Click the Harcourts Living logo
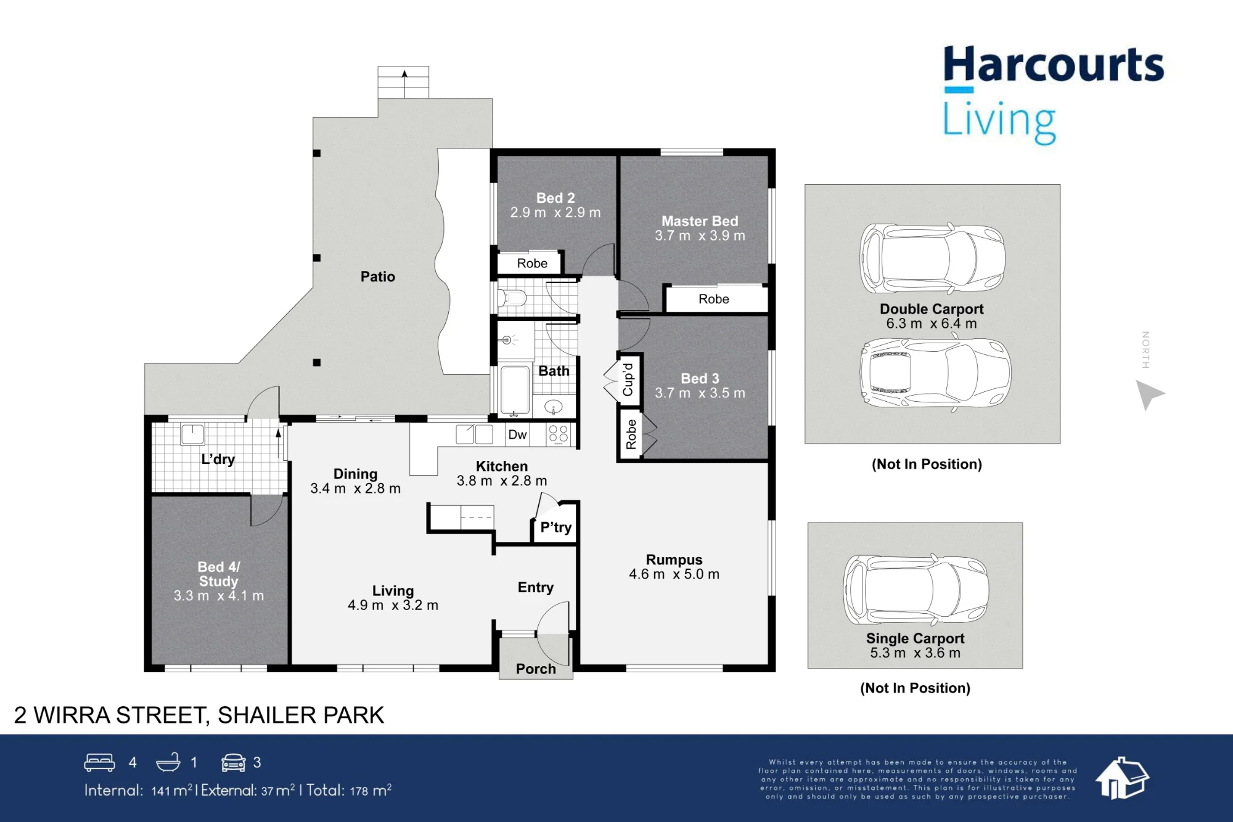point(1053,95)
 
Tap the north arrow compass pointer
point(1149,394)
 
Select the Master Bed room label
point(700,221)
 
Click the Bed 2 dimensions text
point(555,213)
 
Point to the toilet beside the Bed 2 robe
point(512,299)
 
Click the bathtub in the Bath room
point(515,390)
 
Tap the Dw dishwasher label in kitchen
point(517,435)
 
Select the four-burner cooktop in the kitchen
point(559,434)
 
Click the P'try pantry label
point(556,527)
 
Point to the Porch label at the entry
point(536,669)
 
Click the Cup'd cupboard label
point(628,380)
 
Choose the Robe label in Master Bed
point(714,299)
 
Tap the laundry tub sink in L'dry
point(192,434)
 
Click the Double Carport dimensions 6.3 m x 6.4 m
point(932,324)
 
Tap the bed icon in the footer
point(99,762)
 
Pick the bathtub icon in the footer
point(168,762)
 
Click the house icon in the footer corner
point(1122,778)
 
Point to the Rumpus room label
point(674,560)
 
